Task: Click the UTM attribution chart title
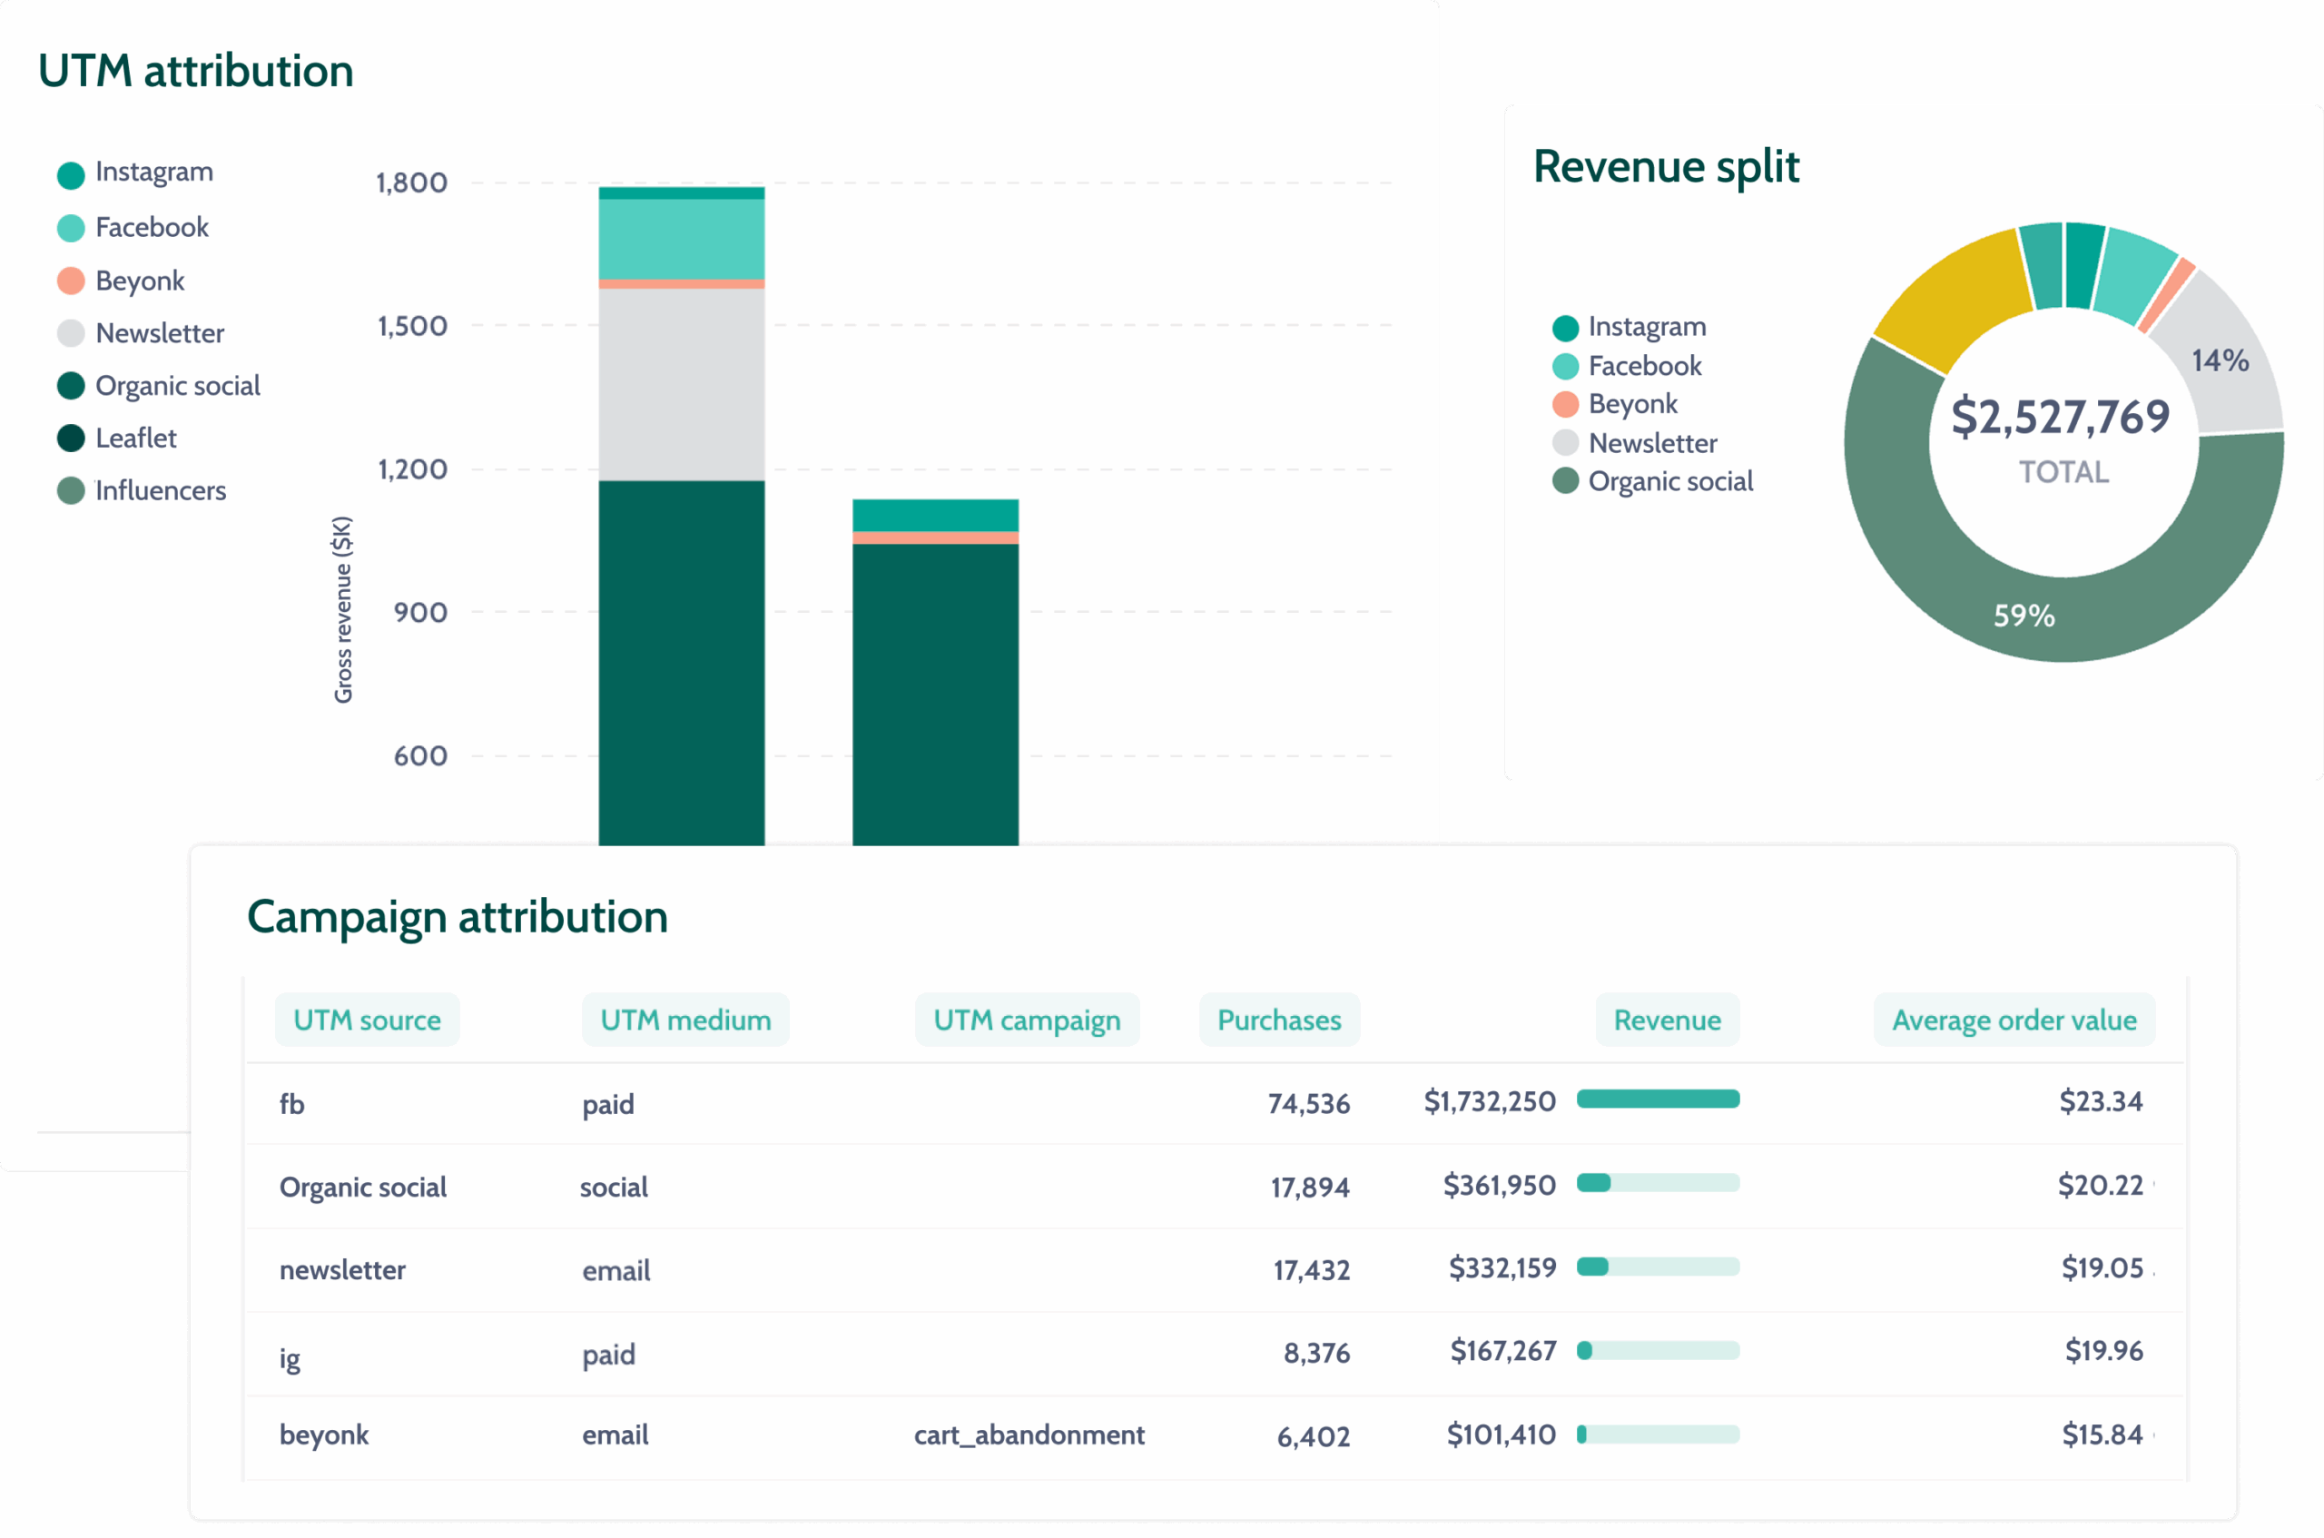click(195, 72)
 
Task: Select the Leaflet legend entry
click(135, 439)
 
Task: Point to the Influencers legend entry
click(160, 490)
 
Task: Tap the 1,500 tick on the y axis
click(412, 326)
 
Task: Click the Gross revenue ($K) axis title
click(342, 609)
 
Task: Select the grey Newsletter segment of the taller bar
click(682, 383)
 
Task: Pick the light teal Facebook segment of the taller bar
click(682, 240)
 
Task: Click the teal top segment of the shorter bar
click(934, 515)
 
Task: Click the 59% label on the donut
click(2023, 616)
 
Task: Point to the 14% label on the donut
click(2221, 361)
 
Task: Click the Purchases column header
click(1279, 1020)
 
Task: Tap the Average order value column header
click(2014, 1020)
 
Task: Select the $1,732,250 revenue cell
click(1489, 1101)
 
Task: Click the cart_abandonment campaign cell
click(1029, 1435)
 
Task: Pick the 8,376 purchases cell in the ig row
click(1316, 1354)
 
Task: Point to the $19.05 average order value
click(2102, 1268)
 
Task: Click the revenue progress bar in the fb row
click(1657, 1099)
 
